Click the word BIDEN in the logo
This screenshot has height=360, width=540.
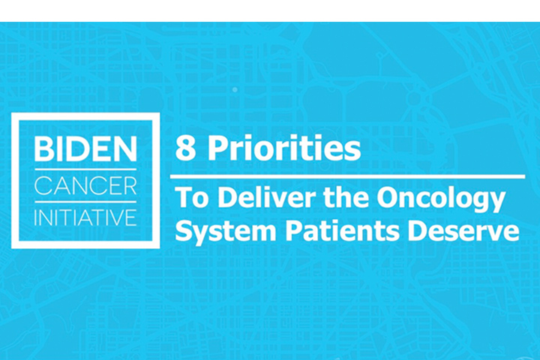click(x=85, y=148)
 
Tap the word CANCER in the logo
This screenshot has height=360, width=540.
click(x=85, y=186)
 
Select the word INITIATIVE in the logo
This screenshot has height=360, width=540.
click(x=85, y=217)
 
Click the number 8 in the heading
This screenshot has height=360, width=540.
click(x=186, y=148)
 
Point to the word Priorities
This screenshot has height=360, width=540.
click(x=284, y=148)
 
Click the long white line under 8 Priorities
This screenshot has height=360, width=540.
click(x=347, y=177)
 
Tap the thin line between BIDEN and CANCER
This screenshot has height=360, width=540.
click(x=85, y=169)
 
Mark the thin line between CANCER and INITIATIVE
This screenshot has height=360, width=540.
click(x=85, y=202)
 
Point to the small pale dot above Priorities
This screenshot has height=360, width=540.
click(x=235, y=89)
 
